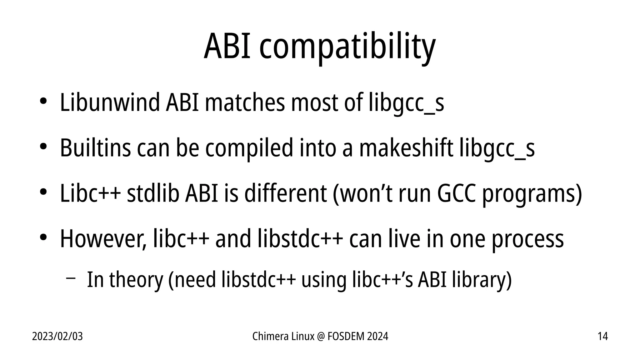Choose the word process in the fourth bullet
(x=528, y=240)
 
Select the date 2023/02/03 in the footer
(x=57, y=337)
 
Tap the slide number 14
(x=602, y=337)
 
